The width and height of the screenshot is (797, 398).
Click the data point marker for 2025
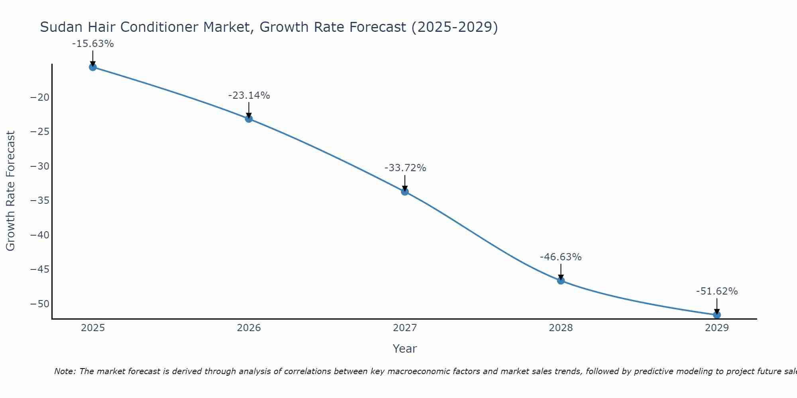[93, 67]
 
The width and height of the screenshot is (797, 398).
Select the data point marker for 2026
[249, 119]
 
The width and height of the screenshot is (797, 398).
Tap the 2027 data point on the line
[405, 192]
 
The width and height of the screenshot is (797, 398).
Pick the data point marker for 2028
[561, 281]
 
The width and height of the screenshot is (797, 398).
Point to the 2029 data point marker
[717, 315]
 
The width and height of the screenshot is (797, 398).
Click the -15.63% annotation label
[93, 44]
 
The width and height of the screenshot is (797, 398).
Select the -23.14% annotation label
[249, 96]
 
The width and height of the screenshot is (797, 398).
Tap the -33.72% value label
[405, 168]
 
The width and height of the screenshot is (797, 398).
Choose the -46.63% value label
[561, 257]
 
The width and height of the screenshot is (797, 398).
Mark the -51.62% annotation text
[717, 291]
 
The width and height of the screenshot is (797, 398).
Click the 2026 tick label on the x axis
[249, 328]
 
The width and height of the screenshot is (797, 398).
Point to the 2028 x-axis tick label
[561, 328]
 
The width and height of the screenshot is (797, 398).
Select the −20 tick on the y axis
[39, 98]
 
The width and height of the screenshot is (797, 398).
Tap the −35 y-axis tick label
[39, 201]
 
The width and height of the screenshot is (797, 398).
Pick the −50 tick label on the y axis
[39, 304]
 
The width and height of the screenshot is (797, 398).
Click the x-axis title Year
[405, 349]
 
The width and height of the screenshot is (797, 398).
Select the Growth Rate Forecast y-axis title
[10, 191]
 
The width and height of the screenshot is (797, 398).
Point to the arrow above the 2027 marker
[405, 183]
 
